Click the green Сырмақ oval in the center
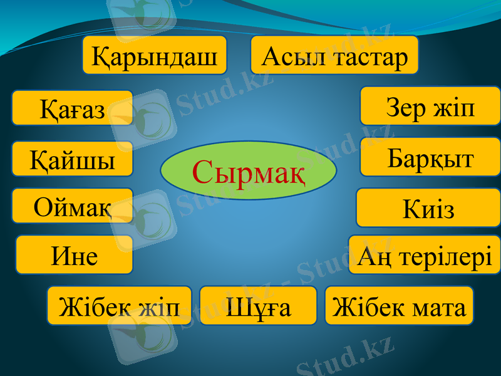click(x=249, y=170)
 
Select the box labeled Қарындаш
click(x=155, y=56)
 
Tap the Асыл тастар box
click(x=334, y=56)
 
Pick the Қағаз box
click(x=72, y=108)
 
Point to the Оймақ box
click(x=72, y=206)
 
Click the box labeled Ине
click(x=75, y=255)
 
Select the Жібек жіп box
click(x=119, y=306)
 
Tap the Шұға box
click(x=258, y=306)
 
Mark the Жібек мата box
click(x=399, y=306)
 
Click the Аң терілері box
click(x=424, y=255)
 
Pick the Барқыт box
click(x=430, y=157)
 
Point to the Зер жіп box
click(x=430, y=107)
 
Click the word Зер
click(x=402, y=108)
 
